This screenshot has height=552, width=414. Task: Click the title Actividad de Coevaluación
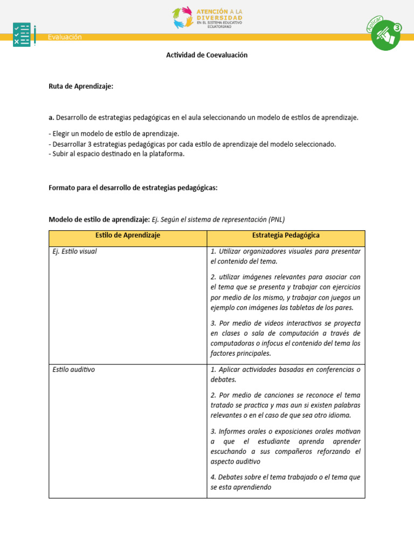pyautogui.click(x=206, y=55)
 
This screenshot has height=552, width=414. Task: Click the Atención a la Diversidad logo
pyautogui.click(x=207, y=17)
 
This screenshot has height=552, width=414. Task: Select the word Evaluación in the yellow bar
pyautogui.click(x=65, y=37)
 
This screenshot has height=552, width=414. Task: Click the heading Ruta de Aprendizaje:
pyautogui.click(x=81, y=86)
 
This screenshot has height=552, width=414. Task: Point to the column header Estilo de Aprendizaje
pyautogui.click(x=128, y=236)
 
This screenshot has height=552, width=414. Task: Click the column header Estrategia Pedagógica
pyautogui.click(x=286, y=236)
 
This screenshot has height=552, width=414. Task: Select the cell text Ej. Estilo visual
pyautogui.click(x=75, y=251)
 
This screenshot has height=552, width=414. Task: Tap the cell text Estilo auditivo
pyautogui.click(x=74, y=370)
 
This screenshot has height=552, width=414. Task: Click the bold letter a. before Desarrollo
pyautogui.click(x=51, y=118)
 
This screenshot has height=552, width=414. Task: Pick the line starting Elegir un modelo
pyautogui.click(x=114, y=134)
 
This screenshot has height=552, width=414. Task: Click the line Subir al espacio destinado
pyautogui.click(x=116, y=154)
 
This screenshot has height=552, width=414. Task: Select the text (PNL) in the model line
pyautogui.click(x=275, y=219)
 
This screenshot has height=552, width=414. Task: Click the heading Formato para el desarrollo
pyautogui.click(x=133, y=188)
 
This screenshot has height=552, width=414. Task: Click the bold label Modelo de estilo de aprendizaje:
pyautogui.click(x=99, y=219)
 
